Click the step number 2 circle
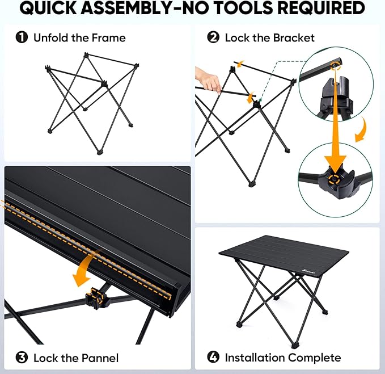(213, 38)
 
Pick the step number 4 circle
(213, 358)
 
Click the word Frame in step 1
(110, 38)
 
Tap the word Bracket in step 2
(294, 38)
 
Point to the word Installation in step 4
(254, 358)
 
